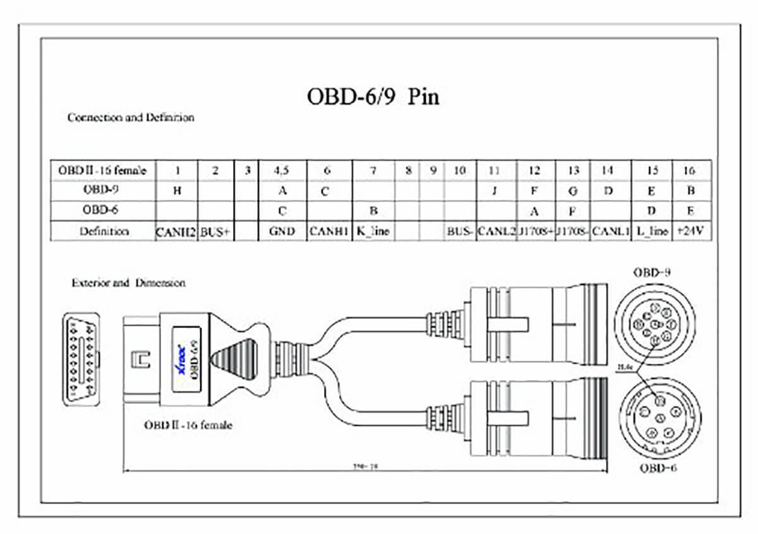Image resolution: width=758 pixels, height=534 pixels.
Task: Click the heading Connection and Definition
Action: point(131,118)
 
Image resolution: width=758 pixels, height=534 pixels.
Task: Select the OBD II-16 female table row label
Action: point(102,170)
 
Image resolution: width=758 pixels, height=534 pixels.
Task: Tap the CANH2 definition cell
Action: point(176,231)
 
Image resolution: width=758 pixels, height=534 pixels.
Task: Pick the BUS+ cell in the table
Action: point(216,231)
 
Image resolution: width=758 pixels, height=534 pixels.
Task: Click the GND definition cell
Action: point(282,231)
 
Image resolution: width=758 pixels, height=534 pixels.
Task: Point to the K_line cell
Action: point(373,231)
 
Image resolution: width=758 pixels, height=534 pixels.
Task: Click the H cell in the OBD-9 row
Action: point(176,191)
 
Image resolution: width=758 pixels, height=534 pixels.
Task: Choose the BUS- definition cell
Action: point(460,231)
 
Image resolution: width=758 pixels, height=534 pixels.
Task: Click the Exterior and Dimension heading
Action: point(128,283)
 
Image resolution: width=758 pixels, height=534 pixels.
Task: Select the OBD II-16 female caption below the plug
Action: point(188,425)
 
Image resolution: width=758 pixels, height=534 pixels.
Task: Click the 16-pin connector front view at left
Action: point(81,359)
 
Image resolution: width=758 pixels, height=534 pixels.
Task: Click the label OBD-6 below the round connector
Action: point(658,468)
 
